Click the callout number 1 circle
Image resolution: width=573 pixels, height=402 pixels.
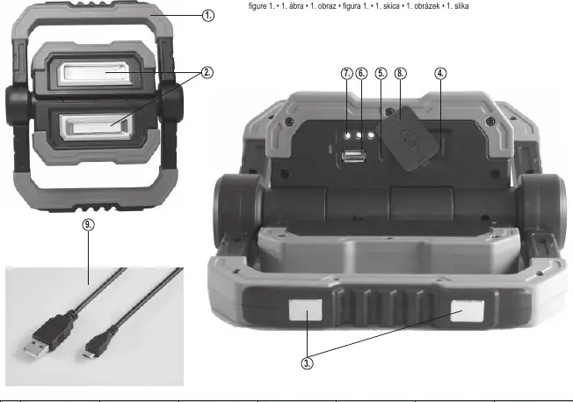coord(208,16)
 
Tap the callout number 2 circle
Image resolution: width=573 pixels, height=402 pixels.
coord(207,72)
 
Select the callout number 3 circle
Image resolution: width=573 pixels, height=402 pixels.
coord(307,363)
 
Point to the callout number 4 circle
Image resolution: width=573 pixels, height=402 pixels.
coord(440,74)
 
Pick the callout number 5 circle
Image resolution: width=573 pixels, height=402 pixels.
coord(381,74)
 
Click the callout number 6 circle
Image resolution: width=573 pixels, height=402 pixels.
coord(361,74)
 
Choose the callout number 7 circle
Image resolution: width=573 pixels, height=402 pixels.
coord(347,74)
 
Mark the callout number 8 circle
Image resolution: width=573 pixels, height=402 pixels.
coord(401,74)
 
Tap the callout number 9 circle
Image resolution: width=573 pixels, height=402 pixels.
coord(88,224)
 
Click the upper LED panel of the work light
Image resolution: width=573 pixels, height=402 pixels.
coord(95,74)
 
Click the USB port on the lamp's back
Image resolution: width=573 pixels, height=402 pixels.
coord(354,157)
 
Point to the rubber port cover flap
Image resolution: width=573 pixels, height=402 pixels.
coord(407,138)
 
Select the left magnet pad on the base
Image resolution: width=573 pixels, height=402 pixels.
coord(306,310)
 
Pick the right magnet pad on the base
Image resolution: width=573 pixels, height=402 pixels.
coord(468,311)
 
